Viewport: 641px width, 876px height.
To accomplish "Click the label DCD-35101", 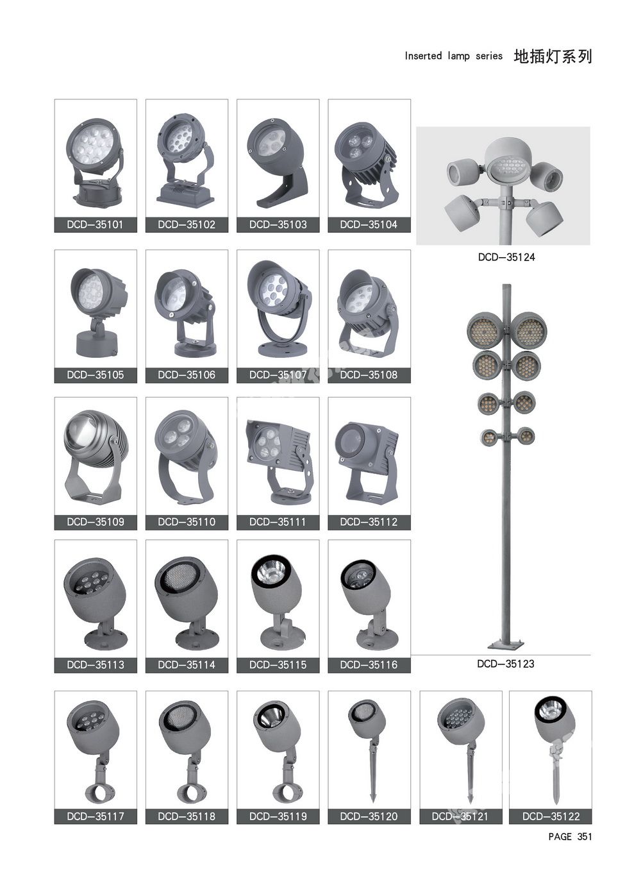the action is tap(96, 225).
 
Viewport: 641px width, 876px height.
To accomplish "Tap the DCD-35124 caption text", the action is tap(506, 257).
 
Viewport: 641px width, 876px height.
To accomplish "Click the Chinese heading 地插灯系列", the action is tap(553, 56).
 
